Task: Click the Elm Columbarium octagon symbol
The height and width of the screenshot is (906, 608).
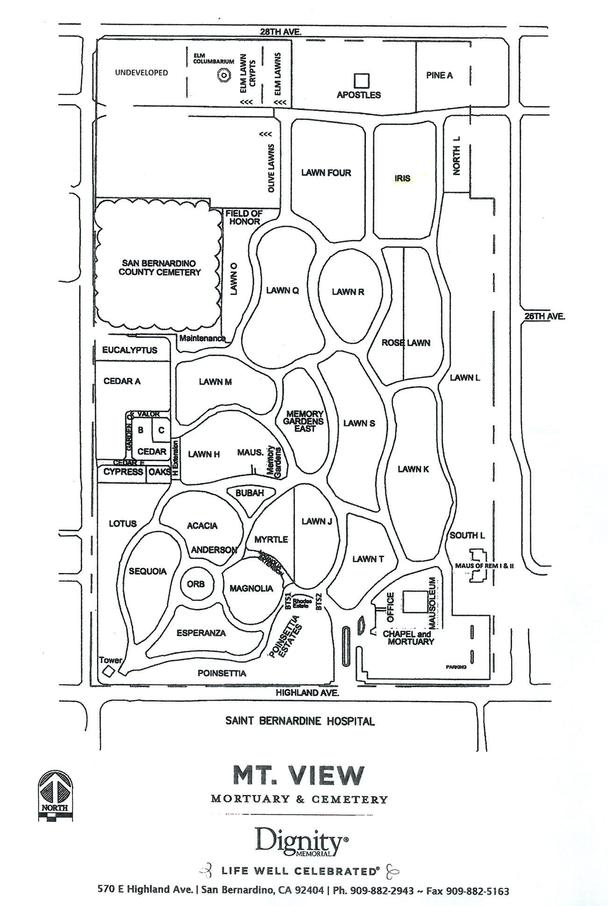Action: coord(223,75)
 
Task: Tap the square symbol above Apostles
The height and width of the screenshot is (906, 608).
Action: coord(361,81)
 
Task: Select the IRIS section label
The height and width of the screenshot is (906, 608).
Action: coord(402,178)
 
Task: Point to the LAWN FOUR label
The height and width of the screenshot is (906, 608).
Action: coord(326,173)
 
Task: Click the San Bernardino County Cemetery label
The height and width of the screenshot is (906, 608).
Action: coord(159,268)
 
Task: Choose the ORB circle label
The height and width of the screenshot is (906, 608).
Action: coord(196,584)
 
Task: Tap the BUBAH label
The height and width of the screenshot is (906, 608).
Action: coord(250,493)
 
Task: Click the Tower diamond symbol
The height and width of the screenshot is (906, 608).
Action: coord(108,671)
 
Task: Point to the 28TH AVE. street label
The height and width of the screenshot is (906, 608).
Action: coord(280,32)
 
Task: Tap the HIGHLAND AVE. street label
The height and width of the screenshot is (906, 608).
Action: coord(307,693)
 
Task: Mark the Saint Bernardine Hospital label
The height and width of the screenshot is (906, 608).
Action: coord(300,721)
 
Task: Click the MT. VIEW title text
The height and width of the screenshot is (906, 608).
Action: coord(298,775)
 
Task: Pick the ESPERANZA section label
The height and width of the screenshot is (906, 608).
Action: coord(201,633)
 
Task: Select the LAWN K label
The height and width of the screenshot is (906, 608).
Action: coord(413,469)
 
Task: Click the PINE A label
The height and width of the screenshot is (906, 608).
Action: coord(439,75)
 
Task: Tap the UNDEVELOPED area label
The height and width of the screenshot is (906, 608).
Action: coord(141,73)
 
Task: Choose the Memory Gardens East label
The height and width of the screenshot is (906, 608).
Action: coord(305,421)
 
